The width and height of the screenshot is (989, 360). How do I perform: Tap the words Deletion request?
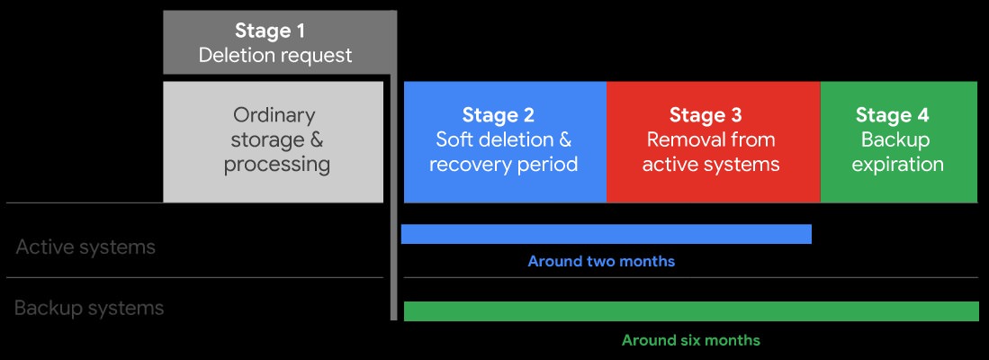coord(275,56)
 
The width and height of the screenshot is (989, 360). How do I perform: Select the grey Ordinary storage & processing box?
coord(273,142)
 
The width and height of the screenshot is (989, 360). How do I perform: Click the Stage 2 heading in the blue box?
coord(499,114)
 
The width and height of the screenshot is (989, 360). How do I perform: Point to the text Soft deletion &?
coord(503,139)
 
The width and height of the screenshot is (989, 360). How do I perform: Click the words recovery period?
coord(503,165)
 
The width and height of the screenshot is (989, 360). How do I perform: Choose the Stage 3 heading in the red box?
coord(706,114)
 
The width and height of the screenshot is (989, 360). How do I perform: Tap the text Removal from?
coord(711,139)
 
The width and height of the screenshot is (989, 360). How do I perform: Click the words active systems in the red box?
coord(711,165)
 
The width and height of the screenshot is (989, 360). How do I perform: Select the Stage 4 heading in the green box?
coord(893,114)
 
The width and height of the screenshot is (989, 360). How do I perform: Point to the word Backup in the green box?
coord(895,139)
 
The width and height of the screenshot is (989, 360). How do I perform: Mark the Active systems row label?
coord(85,247)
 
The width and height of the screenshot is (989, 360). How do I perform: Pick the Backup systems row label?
coord(89,309)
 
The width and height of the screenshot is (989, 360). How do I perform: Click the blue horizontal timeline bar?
coord(607,234)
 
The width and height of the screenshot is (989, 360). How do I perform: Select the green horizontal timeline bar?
coord(691,311)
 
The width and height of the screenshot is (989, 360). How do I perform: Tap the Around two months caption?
coord(601,261)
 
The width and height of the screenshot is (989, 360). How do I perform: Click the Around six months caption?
coord(691,340)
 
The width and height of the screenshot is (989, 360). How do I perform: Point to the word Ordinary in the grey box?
coord(274,115)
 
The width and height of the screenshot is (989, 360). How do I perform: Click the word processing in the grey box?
coord(277,166)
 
